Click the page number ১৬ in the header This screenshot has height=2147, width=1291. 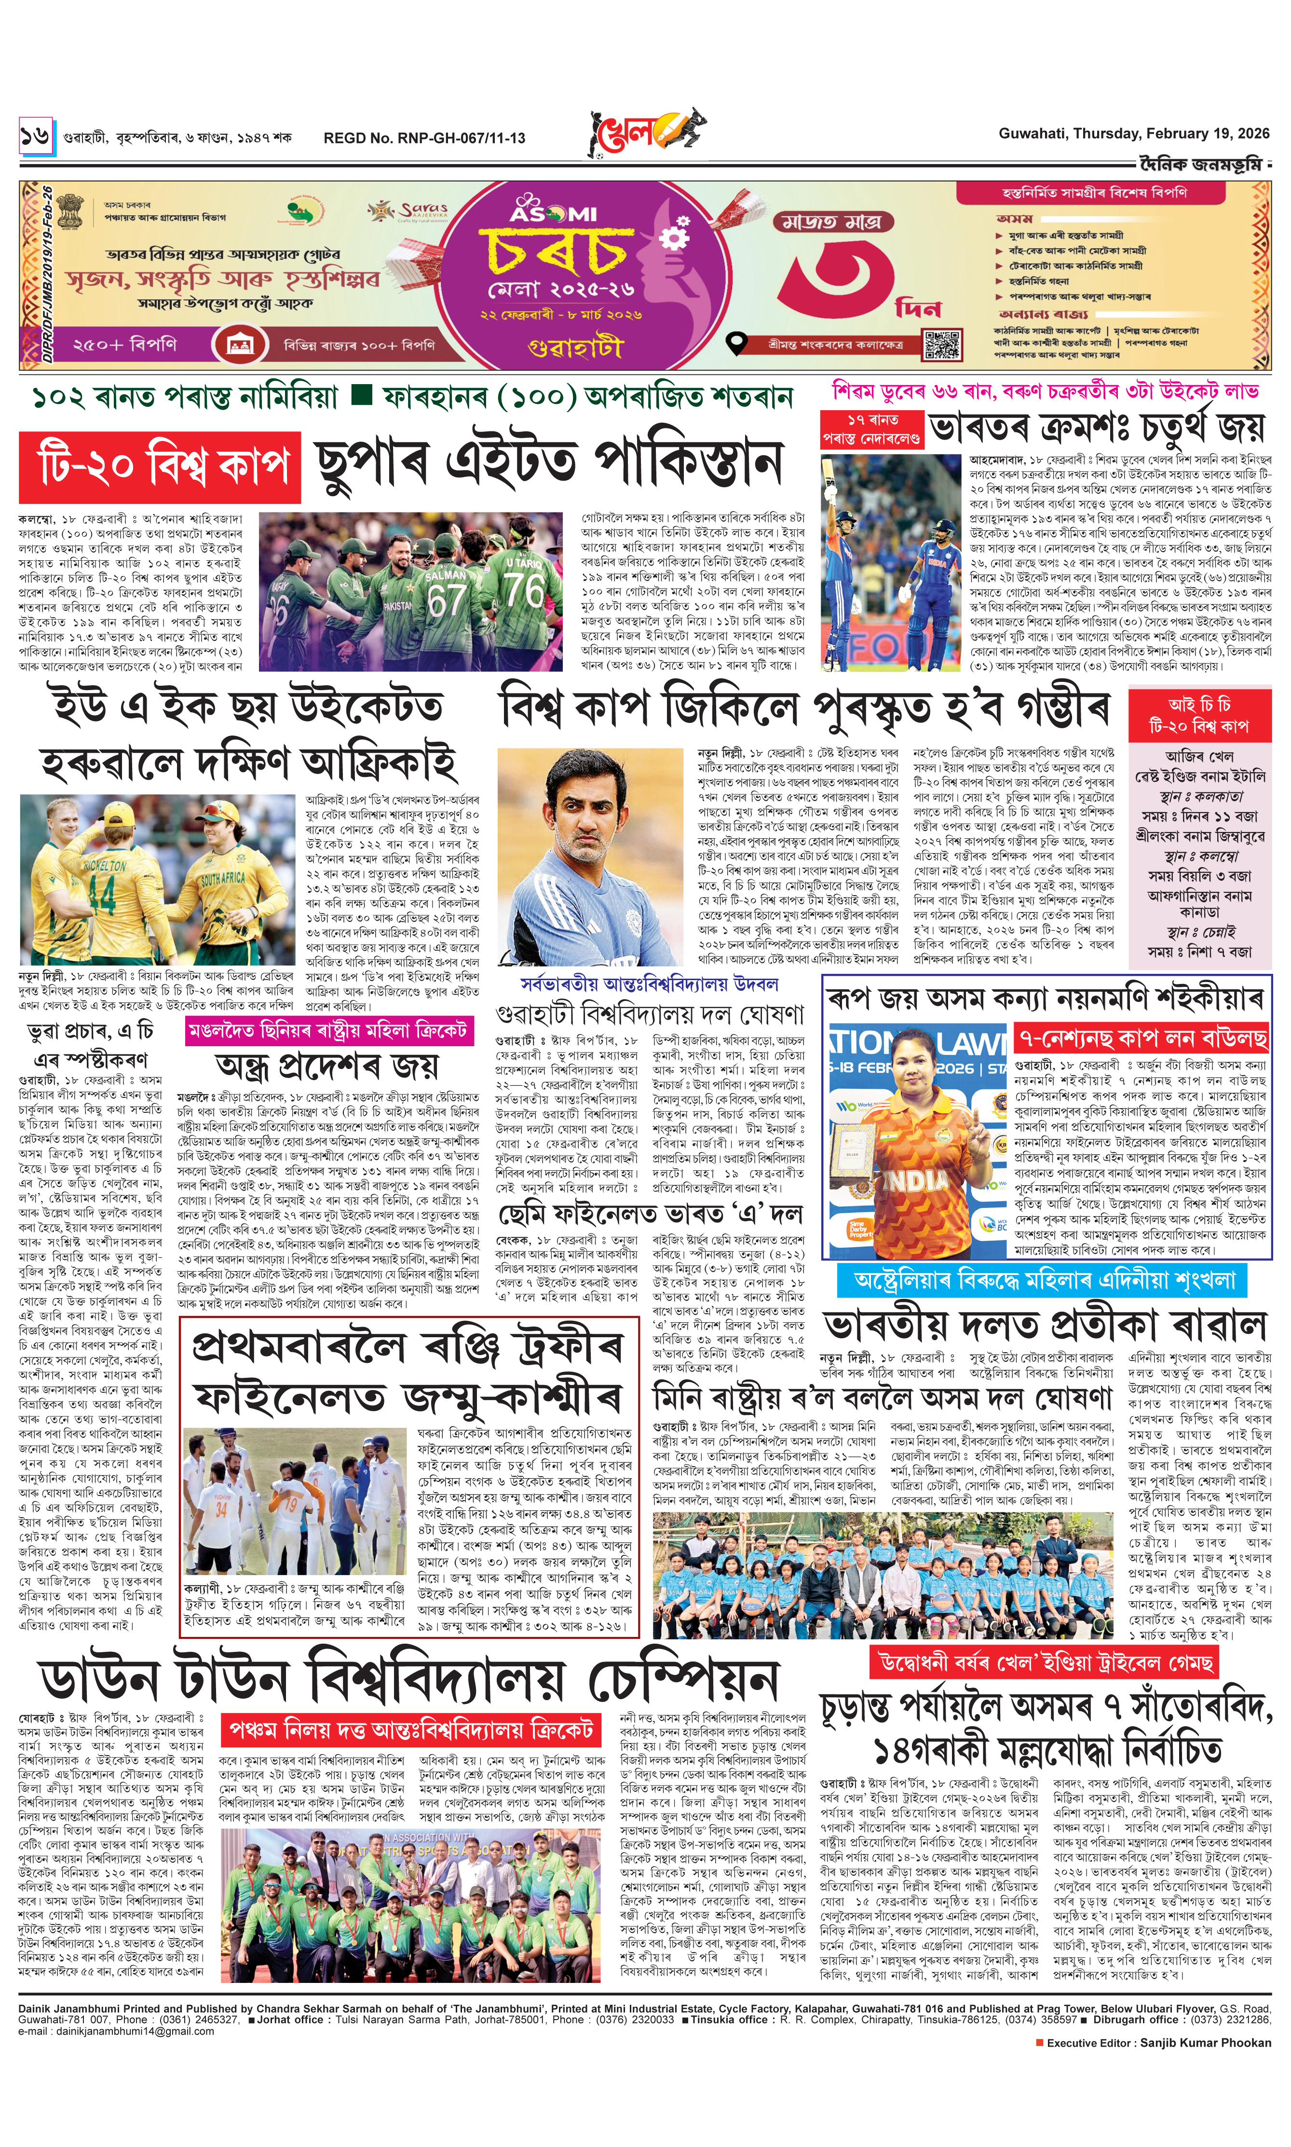pyautogui.click(x=36, y=137)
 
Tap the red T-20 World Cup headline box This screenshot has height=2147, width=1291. pyautogui.click(x=160, y=467)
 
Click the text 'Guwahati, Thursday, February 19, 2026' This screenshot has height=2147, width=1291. pyautogui.click(x=1133, y=134)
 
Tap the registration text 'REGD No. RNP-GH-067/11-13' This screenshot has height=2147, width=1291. pyautogui.click(x=424, y=138)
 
